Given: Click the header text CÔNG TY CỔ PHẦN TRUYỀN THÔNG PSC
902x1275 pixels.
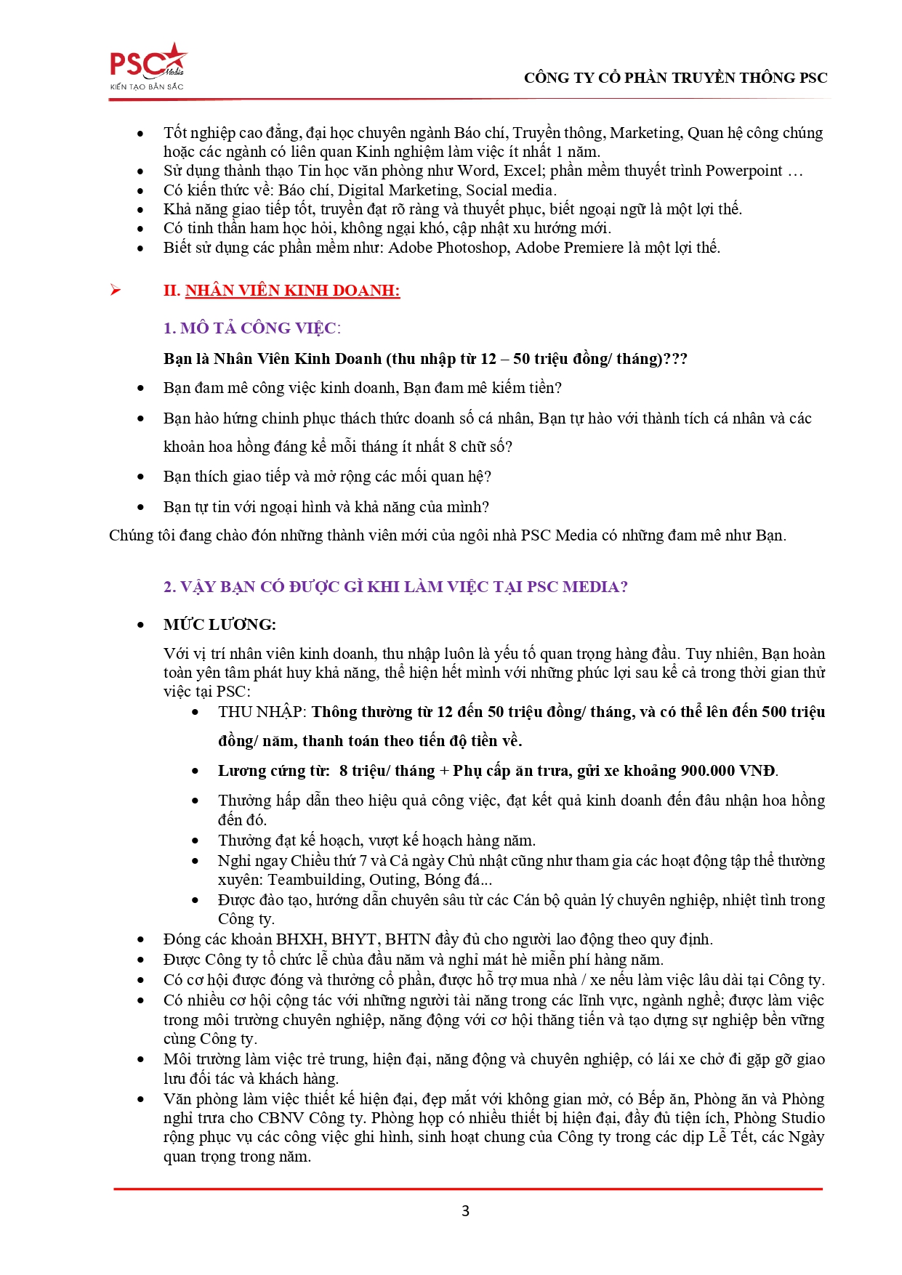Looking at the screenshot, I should point(675,78).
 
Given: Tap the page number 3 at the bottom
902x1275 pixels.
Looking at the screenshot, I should point(465,1211).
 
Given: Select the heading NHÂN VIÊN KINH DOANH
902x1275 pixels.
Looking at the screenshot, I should point(292,291).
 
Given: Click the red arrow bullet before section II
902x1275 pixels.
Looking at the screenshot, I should point(116,291).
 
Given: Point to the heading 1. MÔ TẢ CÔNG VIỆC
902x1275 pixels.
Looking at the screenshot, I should point(251,328).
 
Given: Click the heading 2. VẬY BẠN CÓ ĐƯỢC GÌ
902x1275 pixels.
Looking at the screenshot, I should point(395,587).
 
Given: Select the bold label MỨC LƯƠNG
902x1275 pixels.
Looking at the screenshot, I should point(220,625).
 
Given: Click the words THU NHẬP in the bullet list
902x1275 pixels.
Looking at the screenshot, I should point(262,712).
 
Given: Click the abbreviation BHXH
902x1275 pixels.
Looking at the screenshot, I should point(299,939).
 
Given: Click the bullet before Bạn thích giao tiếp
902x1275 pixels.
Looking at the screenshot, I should point(141,477).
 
